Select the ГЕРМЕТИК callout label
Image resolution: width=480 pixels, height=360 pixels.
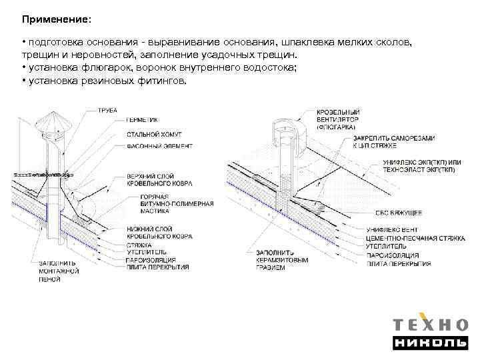142,120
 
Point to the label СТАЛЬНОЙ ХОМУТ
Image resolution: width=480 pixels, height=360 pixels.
153,135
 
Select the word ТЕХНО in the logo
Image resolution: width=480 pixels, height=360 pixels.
429,325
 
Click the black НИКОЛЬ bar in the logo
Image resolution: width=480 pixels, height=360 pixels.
429,344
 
